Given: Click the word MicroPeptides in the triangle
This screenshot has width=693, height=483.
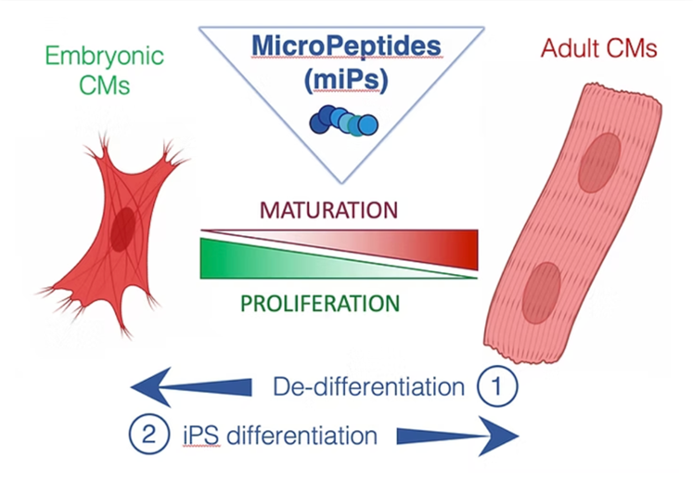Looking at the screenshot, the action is [x=347, y=46].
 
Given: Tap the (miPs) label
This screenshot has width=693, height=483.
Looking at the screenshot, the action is [x=346, y=80].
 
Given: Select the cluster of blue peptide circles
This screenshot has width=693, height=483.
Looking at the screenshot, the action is [x=344, y=120].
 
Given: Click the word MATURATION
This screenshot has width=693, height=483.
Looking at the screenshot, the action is [x=328, y=210].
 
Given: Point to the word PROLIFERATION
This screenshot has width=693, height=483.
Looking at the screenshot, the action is [x=320, y=304].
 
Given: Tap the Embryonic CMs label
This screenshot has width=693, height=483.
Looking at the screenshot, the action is [x=105, y=70].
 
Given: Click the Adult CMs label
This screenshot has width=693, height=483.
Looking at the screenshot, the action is [x=599, y=48].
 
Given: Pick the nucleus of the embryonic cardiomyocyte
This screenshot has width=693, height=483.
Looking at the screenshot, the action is [x=122, y=229].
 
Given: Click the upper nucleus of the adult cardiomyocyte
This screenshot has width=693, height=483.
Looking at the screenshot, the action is [x=599, y=163].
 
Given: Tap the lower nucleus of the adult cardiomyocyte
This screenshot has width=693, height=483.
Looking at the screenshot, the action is [x=542, y=293].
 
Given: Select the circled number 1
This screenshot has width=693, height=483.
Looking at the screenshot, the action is [x=497, y=386].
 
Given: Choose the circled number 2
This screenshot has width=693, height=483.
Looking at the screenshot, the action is [x=149, y=435].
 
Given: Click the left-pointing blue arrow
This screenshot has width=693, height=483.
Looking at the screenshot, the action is [x=191, y=387].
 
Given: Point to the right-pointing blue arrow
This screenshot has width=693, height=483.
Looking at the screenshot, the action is [x=457, y=437].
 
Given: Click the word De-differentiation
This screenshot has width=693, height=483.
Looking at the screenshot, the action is [x=368, y=386].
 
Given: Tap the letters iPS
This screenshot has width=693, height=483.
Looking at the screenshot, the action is [x=201, y=436].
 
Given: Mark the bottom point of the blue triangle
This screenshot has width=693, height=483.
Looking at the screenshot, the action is [x=341, y=183].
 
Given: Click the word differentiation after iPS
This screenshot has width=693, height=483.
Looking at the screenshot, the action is [x=302, y=436].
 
